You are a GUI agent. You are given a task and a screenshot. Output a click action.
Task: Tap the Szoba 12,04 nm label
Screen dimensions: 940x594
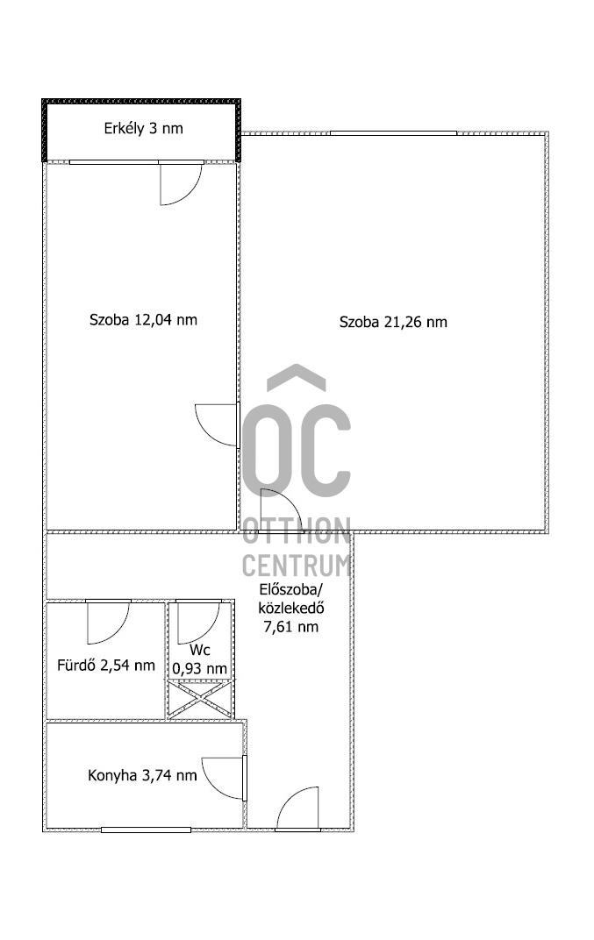[143, 320]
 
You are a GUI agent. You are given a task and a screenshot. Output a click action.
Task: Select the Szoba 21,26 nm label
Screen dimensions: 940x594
[393, 322]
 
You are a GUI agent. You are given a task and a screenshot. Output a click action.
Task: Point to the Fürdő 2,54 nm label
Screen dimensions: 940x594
[101, 666]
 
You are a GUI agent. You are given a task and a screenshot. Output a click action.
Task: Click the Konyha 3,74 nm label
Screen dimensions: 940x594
[141, 775]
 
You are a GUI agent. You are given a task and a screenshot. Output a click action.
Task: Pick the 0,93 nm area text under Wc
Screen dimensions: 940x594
[199, 669]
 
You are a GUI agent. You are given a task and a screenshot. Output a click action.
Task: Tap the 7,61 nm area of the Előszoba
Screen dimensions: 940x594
[291, 626]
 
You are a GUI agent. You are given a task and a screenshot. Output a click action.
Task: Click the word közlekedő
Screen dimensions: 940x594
[291, 609]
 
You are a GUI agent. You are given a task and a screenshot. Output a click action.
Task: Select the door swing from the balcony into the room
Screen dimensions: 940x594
[179, 185]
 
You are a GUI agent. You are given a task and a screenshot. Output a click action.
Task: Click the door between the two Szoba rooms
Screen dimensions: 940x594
[218, 425]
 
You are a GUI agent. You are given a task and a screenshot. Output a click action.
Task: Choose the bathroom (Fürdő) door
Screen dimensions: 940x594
[108, 621]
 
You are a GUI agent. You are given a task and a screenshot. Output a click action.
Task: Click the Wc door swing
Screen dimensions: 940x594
[197, 623]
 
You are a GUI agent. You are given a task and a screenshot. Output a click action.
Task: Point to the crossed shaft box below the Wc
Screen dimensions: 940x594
[199, 701]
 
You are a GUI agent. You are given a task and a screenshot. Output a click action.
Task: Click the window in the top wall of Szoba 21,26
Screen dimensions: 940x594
[393, 133]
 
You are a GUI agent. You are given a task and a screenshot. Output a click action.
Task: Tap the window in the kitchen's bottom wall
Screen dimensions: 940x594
[146, 829]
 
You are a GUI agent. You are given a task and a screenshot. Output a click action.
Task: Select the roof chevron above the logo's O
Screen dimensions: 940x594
[296, 378]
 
